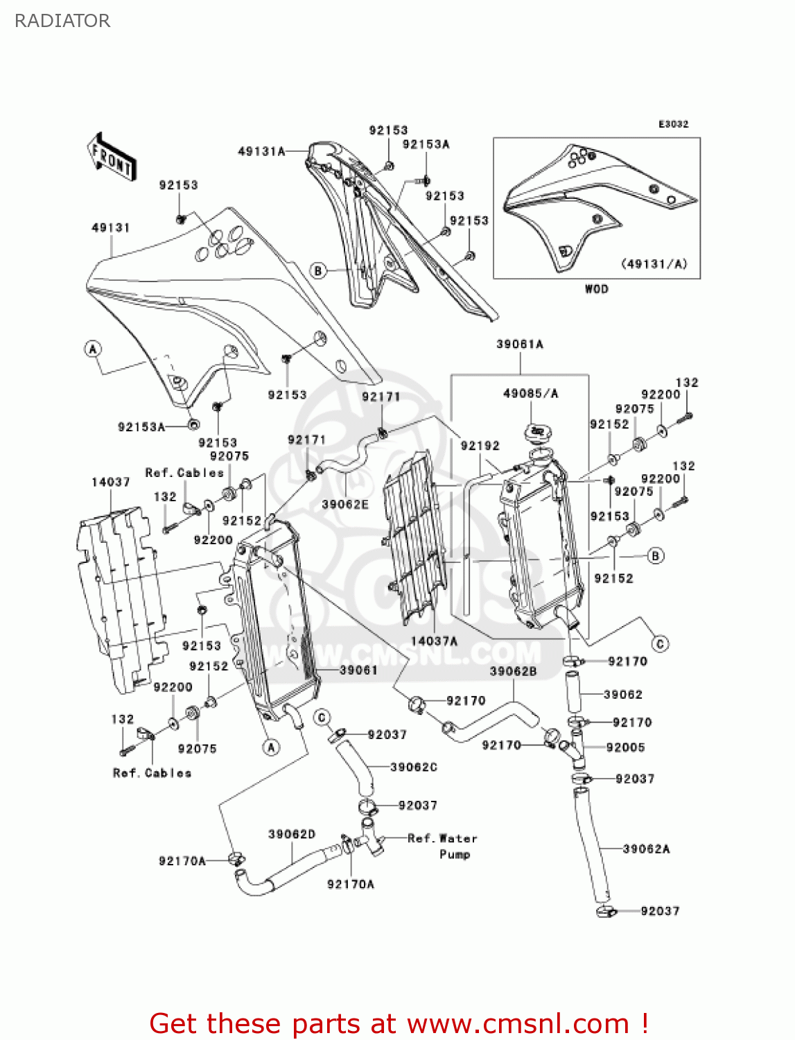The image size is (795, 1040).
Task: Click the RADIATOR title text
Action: tap(62, 21)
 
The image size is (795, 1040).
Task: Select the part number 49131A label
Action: tap(261, 151)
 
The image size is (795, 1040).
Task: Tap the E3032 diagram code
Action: tap(673, 124)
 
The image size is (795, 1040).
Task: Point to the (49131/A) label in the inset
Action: tap(654, 263)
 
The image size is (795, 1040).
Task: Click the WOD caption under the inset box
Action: tap(596, 289)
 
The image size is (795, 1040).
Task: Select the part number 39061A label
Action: tap(519, 344)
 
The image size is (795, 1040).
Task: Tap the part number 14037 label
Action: tap(110, 482)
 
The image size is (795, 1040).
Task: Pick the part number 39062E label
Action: tap(344, 504)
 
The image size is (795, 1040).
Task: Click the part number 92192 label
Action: tap(480, 446)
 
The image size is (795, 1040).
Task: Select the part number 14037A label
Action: tap(434, 641)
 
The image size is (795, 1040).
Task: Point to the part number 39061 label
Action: tap(358, 670)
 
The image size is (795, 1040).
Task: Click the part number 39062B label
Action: tap(513, 671)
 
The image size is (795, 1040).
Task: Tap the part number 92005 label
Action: tap(625, 747)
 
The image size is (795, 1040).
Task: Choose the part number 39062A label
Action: tap(646, 849)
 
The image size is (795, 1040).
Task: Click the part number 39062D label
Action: tap(292, 834)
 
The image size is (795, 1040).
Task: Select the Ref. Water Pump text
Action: tap(443, 846)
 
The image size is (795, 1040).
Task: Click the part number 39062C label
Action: tap(414, 767)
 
